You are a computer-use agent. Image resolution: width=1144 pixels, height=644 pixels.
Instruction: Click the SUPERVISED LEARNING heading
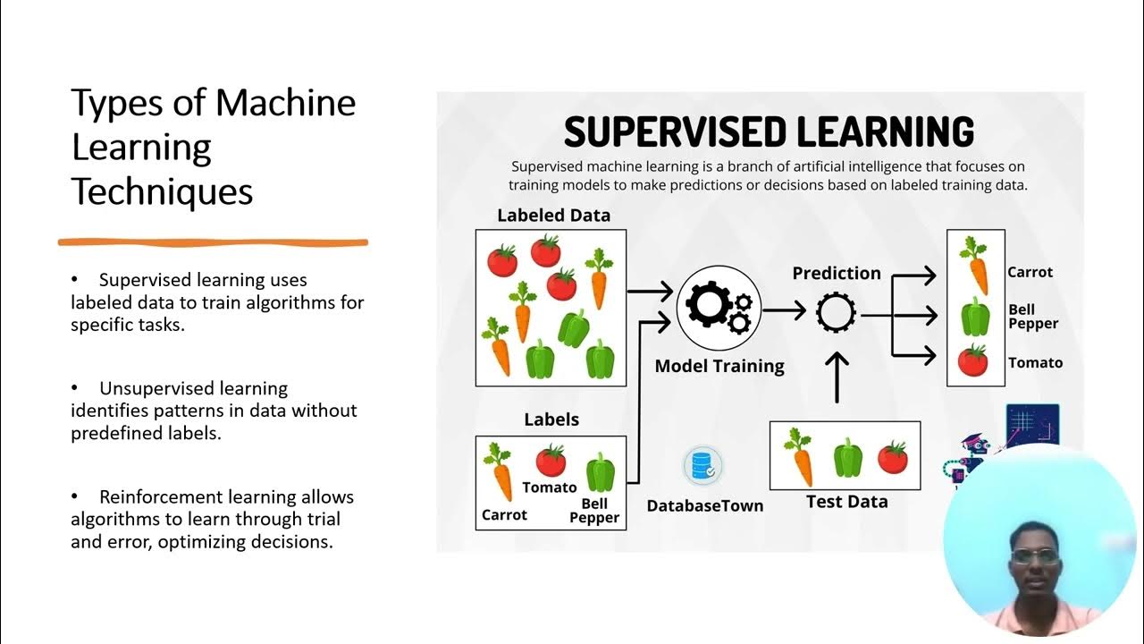(x=769, y=131)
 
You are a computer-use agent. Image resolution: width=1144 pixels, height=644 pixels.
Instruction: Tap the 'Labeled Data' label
(x=553, y=216)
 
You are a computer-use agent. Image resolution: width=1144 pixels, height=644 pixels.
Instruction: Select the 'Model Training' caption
(x=719, y=366)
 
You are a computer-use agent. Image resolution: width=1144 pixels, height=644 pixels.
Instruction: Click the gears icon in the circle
(x=719, y=308)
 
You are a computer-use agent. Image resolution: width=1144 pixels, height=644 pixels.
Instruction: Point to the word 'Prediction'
(x=837, y=274)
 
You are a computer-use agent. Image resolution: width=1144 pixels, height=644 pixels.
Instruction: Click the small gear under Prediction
(x=837, y=312)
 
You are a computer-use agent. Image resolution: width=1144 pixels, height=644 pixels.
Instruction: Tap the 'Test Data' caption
(x=846, y=502)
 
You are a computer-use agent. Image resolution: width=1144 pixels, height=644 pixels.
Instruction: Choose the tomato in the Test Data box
(x=892, y=457)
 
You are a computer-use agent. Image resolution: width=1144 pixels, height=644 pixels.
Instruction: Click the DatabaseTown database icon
(x=702, y=466)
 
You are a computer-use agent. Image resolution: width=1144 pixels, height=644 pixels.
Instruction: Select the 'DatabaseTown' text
(x=705, y=506)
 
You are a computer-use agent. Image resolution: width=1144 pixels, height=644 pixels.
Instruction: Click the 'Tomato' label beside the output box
(x=1035, y=363)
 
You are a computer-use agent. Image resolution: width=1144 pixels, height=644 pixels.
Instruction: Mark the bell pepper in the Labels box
(x=601, y=473)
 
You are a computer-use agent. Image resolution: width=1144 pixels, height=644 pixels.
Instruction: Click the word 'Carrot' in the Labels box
(x=504, y=515)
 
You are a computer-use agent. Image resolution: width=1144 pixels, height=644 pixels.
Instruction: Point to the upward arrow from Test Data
(x=837, y=376)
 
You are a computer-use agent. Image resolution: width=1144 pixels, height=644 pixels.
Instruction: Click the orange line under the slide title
(x=213, y=241)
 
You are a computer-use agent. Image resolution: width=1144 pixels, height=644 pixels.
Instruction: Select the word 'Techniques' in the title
(x=162, y=191)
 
